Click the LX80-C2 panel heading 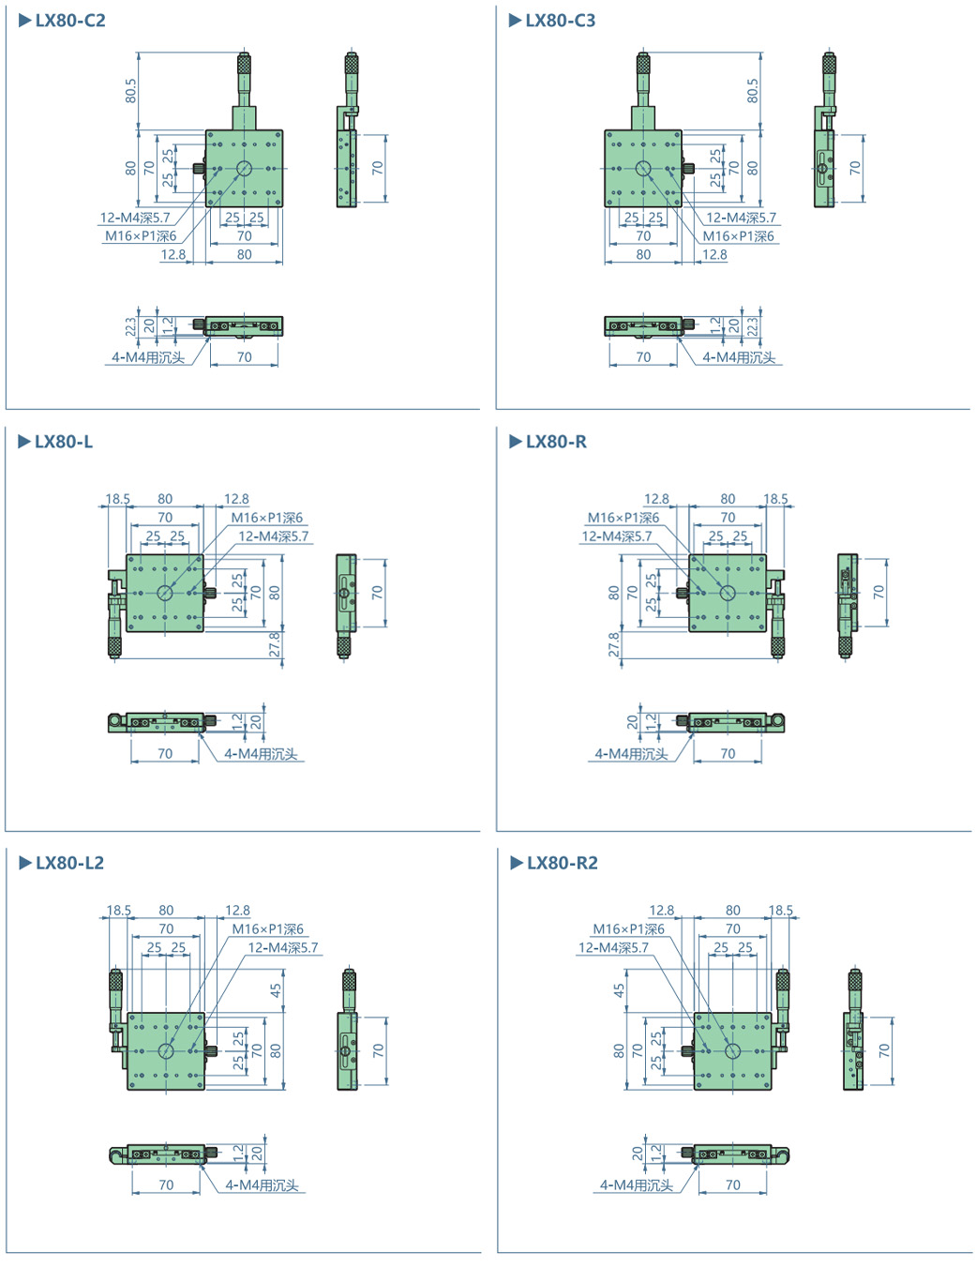[69, 21]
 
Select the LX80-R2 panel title [562, 863]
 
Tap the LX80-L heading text [63, 442]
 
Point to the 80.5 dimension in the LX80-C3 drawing [752, 91]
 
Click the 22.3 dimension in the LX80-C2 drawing [131, 326]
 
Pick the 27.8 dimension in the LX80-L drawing [275, 644]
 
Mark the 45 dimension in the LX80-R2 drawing [619, 989]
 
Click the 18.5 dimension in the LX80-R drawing [775, 499]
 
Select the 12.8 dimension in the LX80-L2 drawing [237, 910]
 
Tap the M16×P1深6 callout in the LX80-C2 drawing [141, 236]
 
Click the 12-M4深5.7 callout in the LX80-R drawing [616, 536]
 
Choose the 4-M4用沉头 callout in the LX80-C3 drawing [739, 357]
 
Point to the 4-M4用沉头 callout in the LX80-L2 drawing [262, 1185]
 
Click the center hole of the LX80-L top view [165, 593]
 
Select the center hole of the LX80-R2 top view [732, 1051]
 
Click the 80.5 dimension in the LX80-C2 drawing [131, 91]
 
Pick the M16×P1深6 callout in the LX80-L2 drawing [267, 928]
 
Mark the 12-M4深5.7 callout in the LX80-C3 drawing [741, 218]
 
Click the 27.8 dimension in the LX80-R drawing [614, 644]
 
